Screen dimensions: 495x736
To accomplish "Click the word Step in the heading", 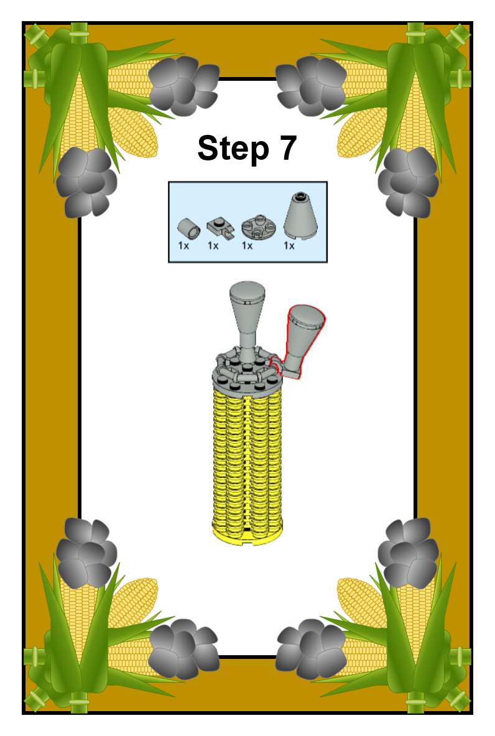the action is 233,149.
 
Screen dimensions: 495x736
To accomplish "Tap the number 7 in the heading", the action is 289,147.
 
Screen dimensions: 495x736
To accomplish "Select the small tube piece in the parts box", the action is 188,229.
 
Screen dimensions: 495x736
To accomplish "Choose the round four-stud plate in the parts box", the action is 256,227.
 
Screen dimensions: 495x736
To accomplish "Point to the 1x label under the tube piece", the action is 183,246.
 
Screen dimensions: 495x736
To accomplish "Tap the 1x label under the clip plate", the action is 213,246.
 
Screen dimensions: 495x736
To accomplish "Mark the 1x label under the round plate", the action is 247,246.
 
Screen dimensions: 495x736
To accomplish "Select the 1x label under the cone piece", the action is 289,246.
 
